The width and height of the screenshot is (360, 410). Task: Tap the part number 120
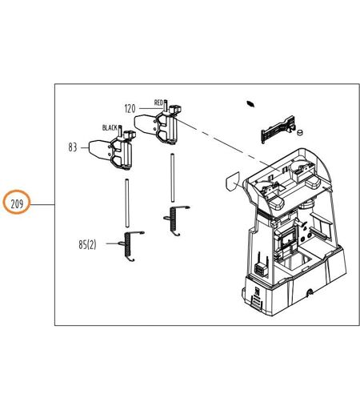click(130, 109)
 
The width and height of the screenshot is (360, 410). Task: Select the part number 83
click(73, 147)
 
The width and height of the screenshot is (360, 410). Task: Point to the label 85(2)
click(87, 244)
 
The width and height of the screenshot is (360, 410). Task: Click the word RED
click(158, 102)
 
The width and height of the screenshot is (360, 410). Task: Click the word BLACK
click(110, 127)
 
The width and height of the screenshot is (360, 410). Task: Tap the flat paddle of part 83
click(99, 151)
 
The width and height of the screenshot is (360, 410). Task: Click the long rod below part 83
click(127, 203)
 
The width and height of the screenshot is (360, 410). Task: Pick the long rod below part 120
click(173, 178)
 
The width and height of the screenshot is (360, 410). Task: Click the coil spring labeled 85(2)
click(129, 246)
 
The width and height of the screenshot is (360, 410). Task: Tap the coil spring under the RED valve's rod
click(174, 220)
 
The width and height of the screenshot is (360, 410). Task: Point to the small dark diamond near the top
click(250, 103)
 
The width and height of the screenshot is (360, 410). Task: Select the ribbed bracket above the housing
click(278, 129)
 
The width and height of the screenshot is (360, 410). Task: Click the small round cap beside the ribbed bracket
click(300, 132)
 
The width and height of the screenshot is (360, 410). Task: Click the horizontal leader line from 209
click(42, 205)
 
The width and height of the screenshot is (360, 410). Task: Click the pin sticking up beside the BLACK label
click(120, 131)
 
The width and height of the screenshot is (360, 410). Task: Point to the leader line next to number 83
click(84, 147)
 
